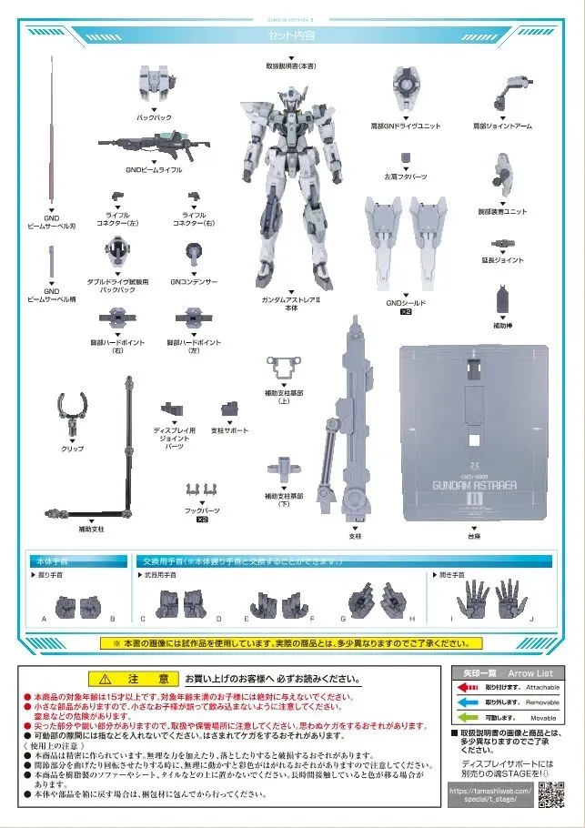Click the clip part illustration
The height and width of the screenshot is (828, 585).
[x=73, y=414]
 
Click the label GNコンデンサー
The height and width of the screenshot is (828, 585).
[x=194, y=282]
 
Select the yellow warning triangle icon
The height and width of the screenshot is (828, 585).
[x=106, y=679]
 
